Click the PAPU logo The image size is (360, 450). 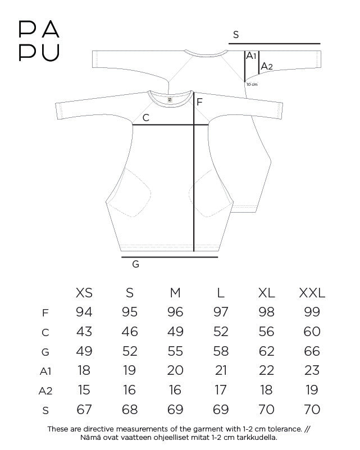pos(39,41)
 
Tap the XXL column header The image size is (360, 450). pos(312,293)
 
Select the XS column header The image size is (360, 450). pos(84,293)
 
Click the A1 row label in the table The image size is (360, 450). pos(45,371)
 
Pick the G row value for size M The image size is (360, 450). pos(175,351)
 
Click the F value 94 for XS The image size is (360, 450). pos(84,312)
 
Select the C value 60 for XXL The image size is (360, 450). pos(312,332)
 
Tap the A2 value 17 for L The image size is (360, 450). pos(221,390)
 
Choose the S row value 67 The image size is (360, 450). pos(84,410)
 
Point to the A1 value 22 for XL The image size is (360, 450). pos(266,370)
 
